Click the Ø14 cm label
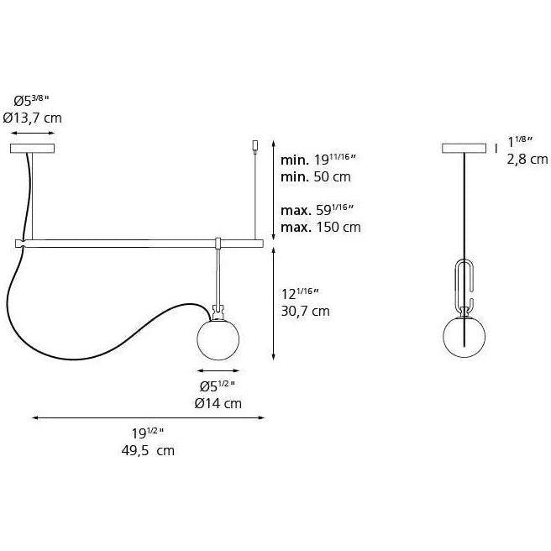218,402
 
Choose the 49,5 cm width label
148,450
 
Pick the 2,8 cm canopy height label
527,158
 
